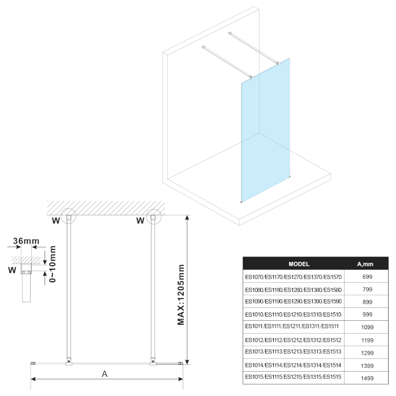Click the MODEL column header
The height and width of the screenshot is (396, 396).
[x=298, y=264]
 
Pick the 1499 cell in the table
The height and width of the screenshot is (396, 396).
[x=367, y=378]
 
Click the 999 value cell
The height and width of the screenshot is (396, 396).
[x=367, y=314]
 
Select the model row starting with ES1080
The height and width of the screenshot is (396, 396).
[x=294, y=289]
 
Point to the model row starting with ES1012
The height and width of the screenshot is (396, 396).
[x=294, y=340]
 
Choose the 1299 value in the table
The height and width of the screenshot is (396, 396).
[x=367, y=352]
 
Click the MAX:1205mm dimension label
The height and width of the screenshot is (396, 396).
[x=181, y=294]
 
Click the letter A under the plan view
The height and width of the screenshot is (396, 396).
[x=104, y=374]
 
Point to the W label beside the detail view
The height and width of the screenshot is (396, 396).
[x=12, y=271]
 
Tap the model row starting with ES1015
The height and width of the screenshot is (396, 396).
[x=294, y=378]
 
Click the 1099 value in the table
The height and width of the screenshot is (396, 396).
[x=367, y=327]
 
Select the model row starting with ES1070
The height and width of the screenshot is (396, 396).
[x=294, y=276]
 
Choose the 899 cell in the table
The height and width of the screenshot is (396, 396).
[x=367, y=301]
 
